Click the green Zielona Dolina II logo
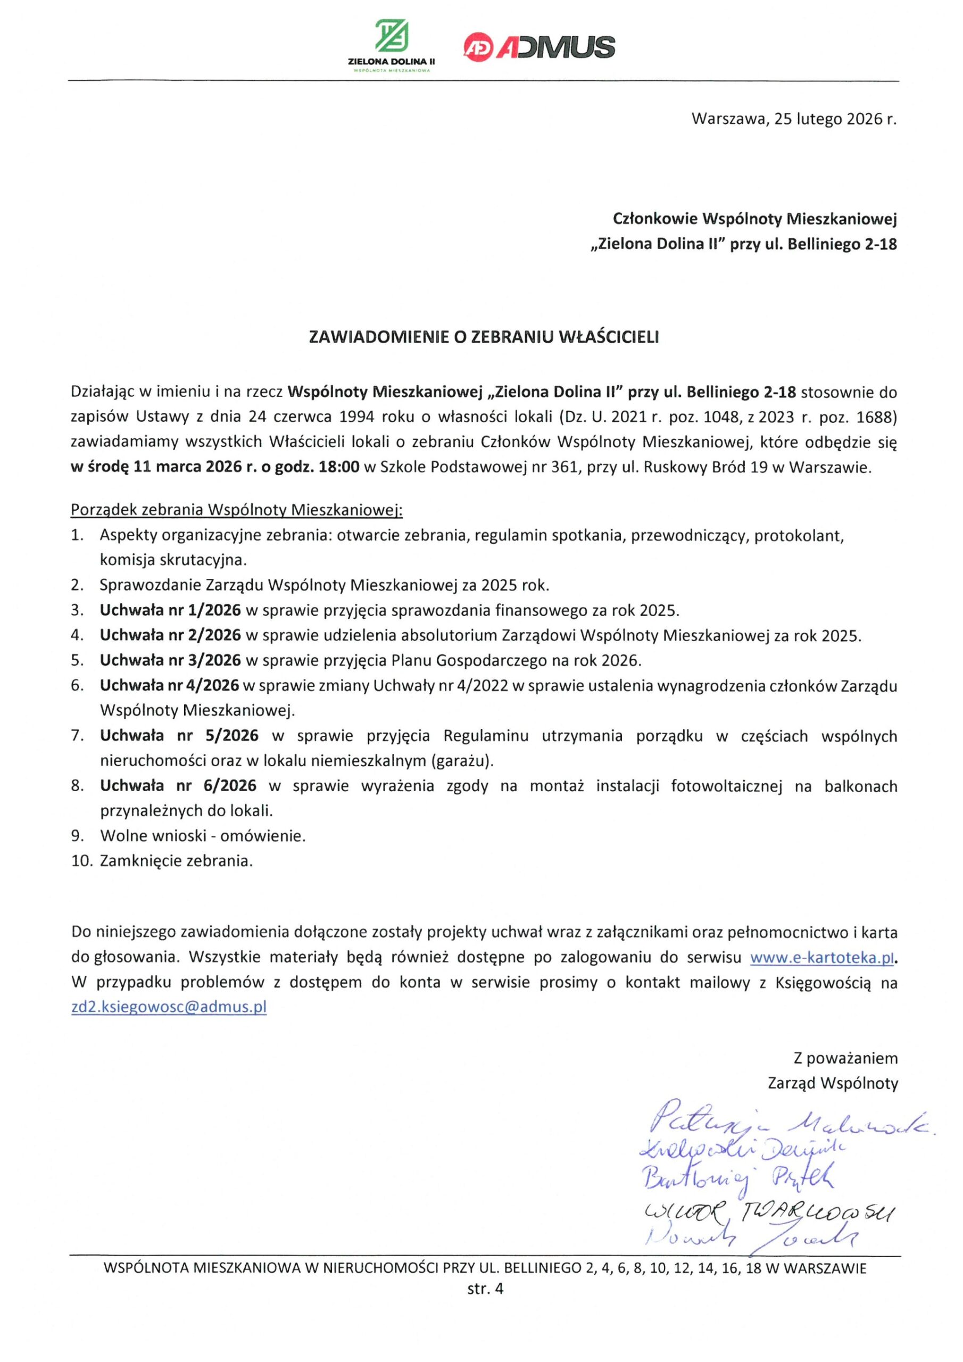click(392, 45)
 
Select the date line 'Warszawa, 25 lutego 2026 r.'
click(794, 119)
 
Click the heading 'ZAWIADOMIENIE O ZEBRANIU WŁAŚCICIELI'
click(484, 337)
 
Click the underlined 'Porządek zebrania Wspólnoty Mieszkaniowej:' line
click(237, 510)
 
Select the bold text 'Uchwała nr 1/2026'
click(171, 610)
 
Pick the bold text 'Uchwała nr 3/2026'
click(171, 660)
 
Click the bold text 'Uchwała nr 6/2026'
click(178, 786)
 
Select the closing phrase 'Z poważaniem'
click(845, 1058)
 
